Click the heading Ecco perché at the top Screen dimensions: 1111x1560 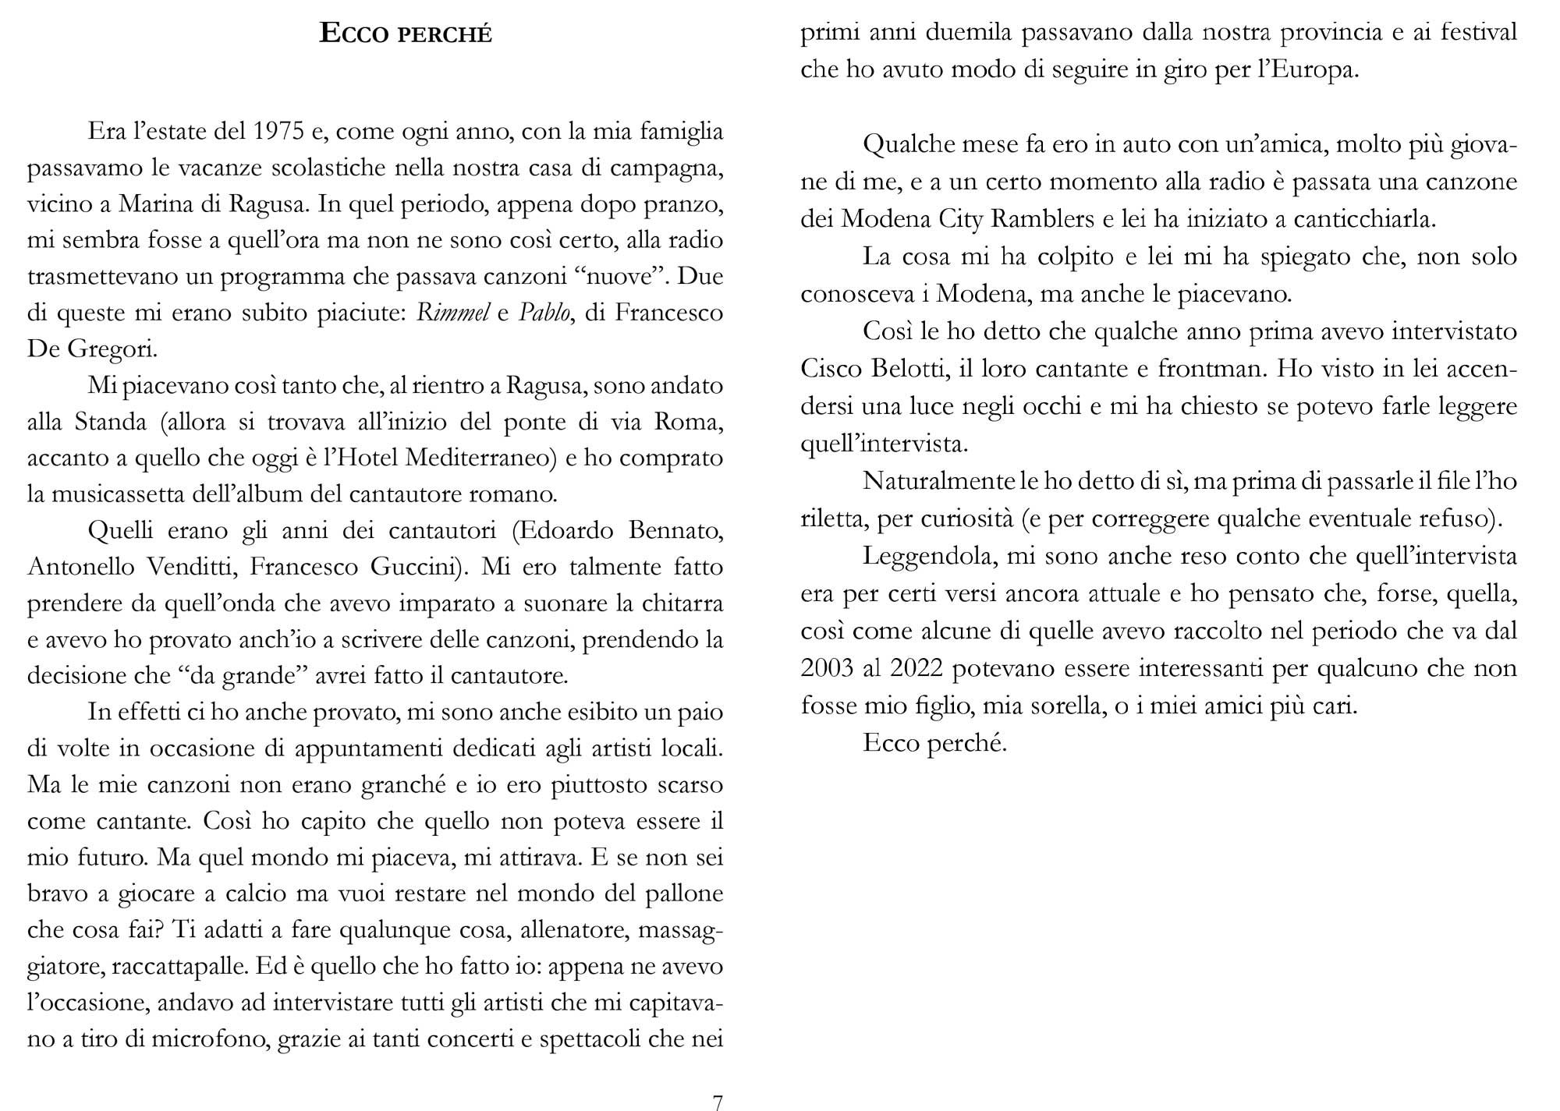tap(406, 34)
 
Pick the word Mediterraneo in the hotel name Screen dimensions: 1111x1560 tap(478, 458)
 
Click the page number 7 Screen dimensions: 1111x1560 tap(718, 1102)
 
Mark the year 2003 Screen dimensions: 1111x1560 tap(828, 669)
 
